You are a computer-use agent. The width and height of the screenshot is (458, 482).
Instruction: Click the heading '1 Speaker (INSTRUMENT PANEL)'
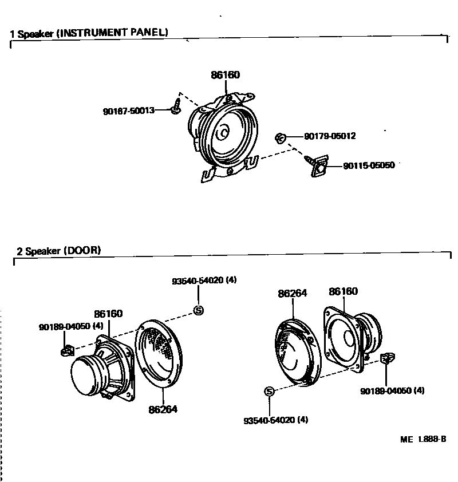point(89,33)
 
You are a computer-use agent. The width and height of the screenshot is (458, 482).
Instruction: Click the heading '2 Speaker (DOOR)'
point(59,250)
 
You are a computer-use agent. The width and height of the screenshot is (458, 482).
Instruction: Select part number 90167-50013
point(129,110)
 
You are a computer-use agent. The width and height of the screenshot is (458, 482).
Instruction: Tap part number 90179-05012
point(330,136)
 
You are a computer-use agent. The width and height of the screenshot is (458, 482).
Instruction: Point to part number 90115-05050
point(369,166)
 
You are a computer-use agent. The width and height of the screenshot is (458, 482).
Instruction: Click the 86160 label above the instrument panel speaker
point(225,75)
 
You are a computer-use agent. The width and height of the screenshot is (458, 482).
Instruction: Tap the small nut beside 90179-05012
point(280,137)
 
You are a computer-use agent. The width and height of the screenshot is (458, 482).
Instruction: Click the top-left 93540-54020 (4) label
point(204,280)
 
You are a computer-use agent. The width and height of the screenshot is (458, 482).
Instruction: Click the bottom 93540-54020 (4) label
point(275,420)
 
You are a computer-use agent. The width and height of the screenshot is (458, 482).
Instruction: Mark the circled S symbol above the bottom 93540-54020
point(270,391)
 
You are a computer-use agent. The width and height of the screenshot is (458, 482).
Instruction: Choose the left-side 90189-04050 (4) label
point(71,326)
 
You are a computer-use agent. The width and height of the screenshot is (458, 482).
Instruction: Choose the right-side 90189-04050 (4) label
point(392,391)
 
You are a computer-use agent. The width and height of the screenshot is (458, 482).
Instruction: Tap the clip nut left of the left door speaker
point(66,349)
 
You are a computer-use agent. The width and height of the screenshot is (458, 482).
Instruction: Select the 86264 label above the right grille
point(293,293)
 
